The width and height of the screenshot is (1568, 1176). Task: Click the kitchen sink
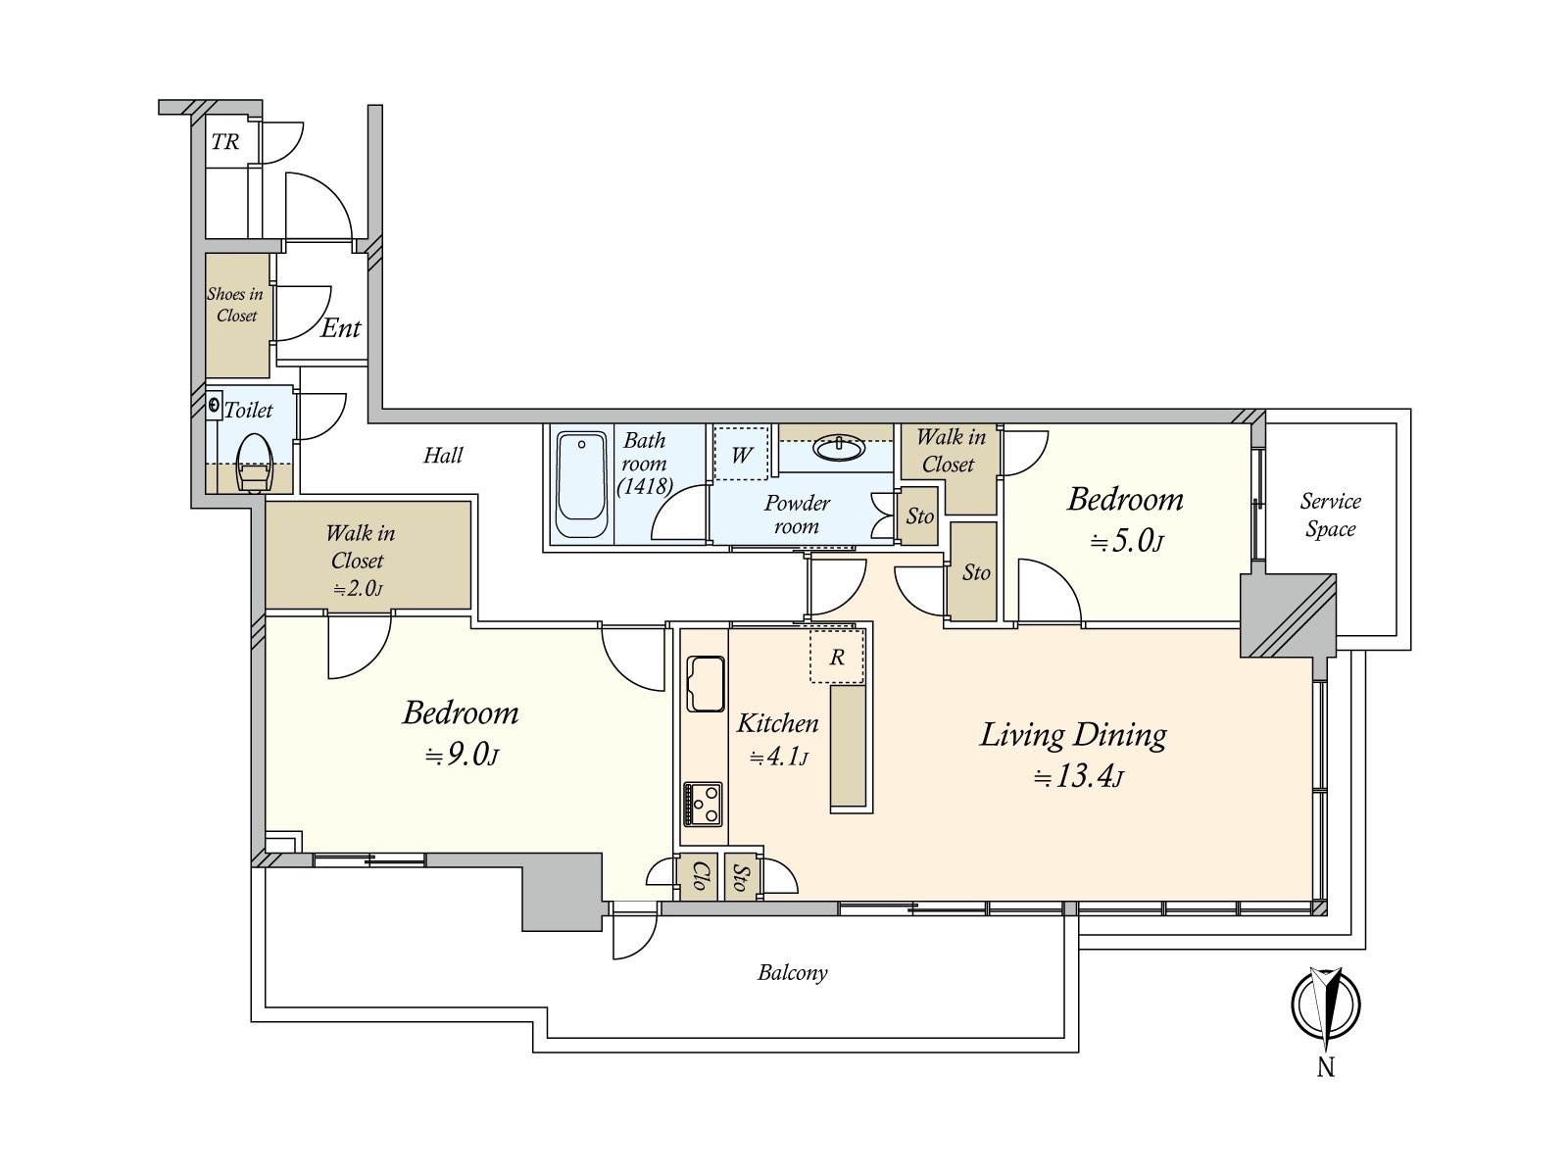705,684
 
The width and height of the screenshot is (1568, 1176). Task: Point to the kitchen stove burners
703,805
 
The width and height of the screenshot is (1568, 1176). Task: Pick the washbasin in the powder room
839,449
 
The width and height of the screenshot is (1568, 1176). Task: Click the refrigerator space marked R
837,657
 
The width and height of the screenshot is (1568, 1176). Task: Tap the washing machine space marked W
742,454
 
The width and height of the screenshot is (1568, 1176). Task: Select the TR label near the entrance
225,142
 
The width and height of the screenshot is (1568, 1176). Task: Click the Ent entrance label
341,327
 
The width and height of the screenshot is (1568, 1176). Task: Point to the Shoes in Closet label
235,305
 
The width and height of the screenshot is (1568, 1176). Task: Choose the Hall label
443,455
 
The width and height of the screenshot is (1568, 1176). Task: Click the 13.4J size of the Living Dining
1079,776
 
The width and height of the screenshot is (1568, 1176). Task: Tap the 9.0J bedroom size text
462,754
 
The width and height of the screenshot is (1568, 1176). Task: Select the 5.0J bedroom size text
1127,542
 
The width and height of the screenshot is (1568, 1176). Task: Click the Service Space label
1330,514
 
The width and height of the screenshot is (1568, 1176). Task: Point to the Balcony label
792,972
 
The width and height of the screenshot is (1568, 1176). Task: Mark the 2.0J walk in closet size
358,589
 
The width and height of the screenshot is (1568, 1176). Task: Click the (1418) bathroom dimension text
644,486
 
